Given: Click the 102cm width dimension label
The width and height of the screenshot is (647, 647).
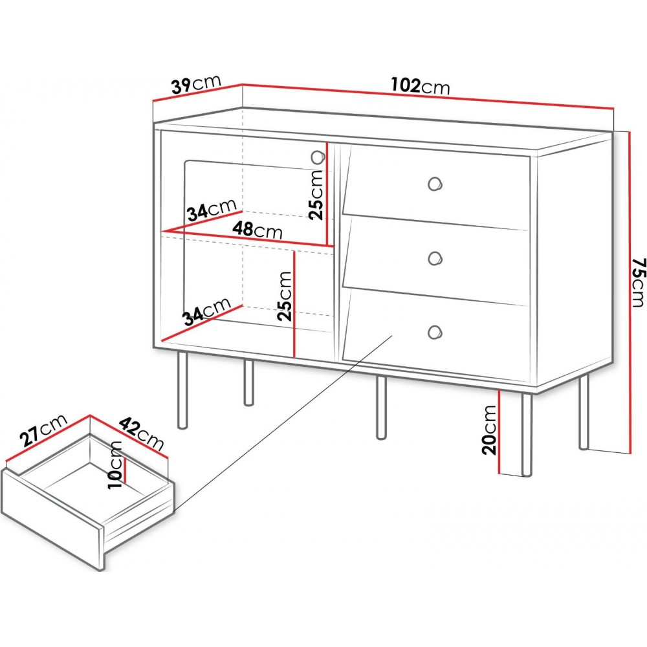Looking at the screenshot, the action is click(x=420, y=85).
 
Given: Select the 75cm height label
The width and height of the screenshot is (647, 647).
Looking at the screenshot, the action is click(x=637, y=283).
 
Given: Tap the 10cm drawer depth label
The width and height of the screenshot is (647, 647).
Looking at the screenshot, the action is click(x=116, y=465).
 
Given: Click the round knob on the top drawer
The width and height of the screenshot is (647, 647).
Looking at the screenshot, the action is click(x=435, y=183).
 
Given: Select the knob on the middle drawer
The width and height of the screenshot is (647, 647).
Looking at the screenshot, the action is click(x=435, y=258).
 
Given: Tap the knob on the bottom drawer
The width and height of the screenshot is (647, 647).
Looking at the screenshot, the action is click(x=435, y=332).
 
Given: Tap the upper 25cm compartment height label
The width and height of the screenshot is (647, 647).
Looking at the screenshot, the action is click(x=316, y=195).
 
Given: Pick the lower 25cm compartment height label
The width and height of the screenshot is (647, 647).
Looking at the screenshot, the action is click(x=285, y=296).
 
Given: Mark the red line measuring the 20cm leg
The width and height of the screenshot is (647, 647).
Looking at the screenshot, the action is click(x=499, y=432).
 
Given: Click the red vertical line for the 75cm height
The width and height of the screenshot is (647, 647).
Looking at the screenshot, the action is click(x=630, y=293).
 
